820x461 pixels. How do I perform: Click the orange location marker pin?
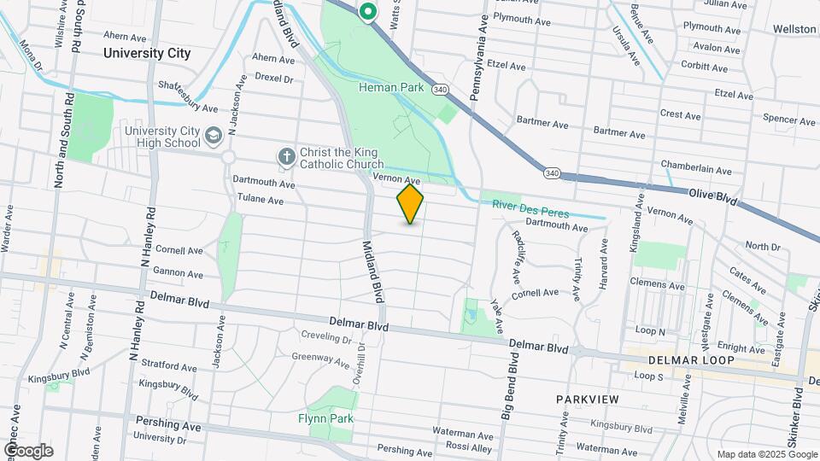pos(410,204)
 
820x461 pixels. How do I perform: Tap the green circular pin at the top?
pos(368,12)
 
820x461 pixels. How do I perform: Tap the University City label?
pos(146,53)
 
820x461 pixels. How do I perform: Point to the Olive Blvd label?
pos(712,195)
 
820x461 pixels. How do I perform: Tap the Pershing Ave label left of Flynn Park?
pos(168,424)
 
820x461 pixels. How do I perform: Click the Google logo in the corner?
pos(28,450)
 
